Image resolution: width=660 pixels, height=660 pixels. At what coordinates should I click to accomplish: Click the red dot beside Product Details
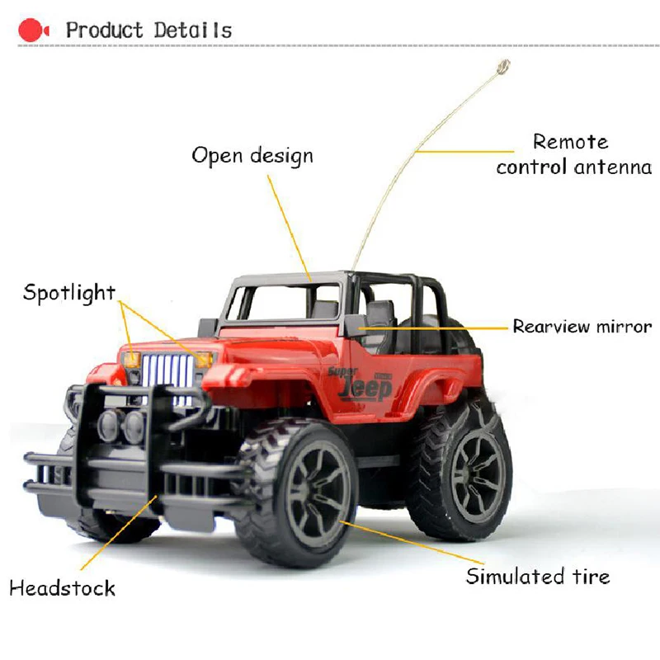[29, 31]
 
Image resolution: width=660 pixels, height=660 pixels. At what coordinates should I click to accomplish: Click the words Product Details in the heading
[148, 31]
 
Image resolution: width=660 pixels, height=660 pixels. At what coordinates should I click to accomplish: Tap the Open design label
[252, 155]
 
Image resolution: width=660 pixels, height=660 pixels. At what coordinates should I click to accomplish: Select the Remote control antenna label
[574, 154]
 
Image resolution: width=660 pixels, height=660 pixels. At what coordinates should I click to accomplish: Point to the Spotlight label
[69, 292]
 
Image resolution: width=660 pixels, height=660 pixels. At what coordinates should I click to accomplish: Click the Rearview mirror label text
[582, 327]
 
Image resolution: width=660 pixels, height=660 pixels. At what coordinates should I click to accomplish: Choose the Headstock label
[62, 588]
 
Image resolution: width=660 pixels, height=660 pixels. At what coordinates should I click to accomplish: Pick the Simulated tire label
[538, 576]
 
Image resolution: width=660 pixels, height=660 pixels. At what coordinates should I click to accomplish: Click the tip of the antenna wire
[502, 66]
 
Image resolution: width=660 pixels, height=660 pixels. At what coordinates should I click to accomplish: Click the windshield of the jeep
[285, 303]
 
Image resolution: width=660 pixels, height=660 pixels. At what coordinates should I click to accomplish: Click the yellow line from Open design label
[289, 223]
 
